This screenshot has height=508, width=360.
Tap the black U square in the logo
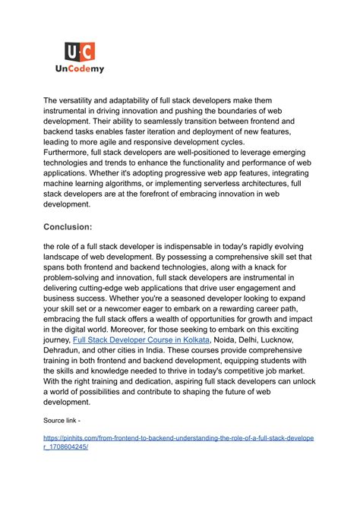pos(72,52)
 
